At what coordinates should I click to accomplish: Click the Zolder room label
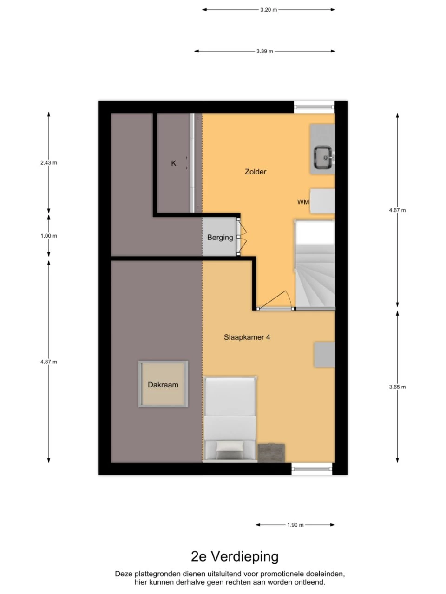tap(256, 172)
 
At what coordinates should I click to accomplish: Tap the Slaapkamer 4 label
tap(247, 337)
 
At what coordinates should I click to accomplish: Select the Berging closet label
tap(220, 238)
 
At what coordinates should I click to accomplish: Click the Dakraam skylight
tap(163, 384)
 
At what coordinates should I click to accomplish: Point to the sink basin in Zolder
tap(324, 157)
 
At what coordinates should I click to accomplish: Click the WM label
tap(303, 202)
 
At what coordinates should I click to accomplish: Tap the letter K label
tap(174, 163)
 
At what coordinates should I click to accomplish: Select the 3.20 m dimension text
tap(269, 10)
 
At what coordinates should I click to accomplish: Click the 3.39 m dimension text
tap(264, 51)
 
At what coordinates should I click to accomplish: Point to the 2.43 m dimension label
tap(49, 162)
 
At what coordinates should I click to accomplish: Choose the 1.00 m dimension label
tap(49, 236)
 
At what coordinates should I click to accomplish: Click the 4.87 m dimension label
tap(49, 362)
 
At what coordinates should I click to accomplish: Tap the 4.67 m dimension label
tap(397, 210)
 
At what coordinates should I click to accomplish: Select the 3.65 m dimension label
tap(397, 387)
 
